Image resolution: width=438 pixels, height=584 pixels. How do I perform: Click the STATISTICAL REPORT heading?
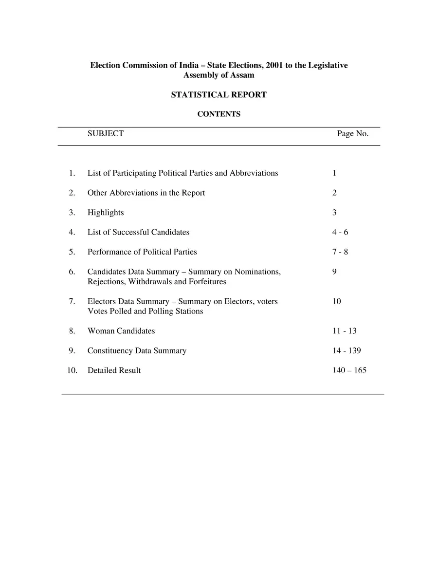(219, 95)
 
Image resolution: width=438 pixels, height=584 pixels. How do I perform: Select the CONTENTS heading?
(219, 114)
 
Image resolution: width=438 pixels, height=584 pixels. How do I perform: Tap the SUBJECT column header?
(105, 133)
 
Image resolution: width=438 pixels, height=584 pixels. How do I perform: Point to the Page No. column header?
(352, 133)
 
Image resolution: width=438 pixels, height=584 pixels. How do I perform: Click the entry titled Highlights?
(106, 213)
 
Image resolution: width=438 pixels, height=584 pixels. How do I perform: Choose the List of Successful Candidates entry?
(138, 232)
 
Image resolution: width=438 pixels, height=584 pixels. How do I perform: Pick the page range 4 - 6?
(340, 232)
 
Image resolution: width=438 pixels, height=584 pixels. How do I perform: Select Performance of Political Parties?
(142, 252)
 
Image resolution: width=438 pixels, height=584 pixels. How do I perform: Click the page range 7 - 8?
(340, 252)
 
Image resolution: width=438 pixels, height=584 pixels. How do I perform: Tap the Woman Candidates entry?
(121, 331)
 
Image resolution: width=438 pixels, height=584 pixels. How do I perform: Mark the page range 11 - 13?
(344, 331)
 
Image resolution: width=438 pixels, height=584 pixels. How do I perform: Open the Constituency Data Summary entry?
(137, 350)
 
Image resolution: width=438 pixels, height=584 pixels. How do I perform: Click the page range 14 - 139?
(347, 350)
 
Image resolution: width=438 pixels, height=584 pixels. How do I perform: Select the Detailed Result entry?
(114, 370)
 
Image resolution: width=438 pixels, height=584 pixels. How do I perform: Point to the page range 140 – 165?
(349, 370)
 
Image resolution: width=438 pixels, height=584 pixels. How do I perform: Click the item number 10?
(72, 370)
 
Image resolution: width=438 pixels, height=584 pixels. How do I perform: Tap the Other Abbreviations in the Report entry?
(146, 193)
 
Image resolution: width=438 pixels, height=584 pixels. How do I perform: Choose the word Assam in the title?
(242, 75)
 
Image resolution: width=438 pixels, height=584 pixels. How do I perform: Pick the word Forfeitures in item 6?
(207, 282)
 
